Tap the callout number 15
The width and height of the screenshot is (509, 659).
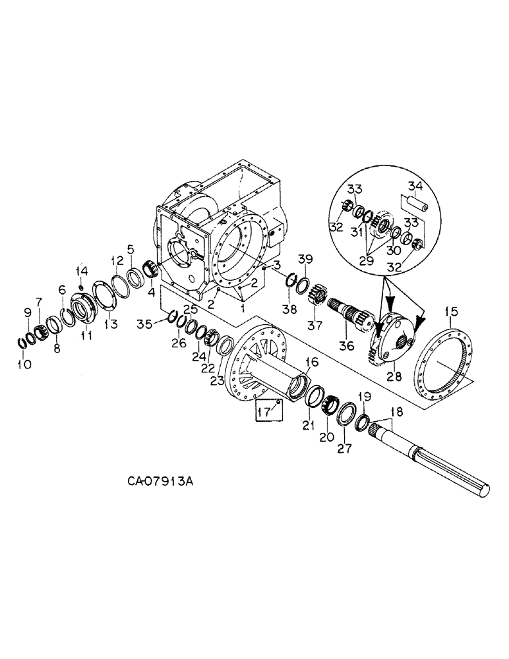tap(451, 310)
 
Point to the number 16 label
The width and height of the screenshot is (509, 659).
tap(311, 362)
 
